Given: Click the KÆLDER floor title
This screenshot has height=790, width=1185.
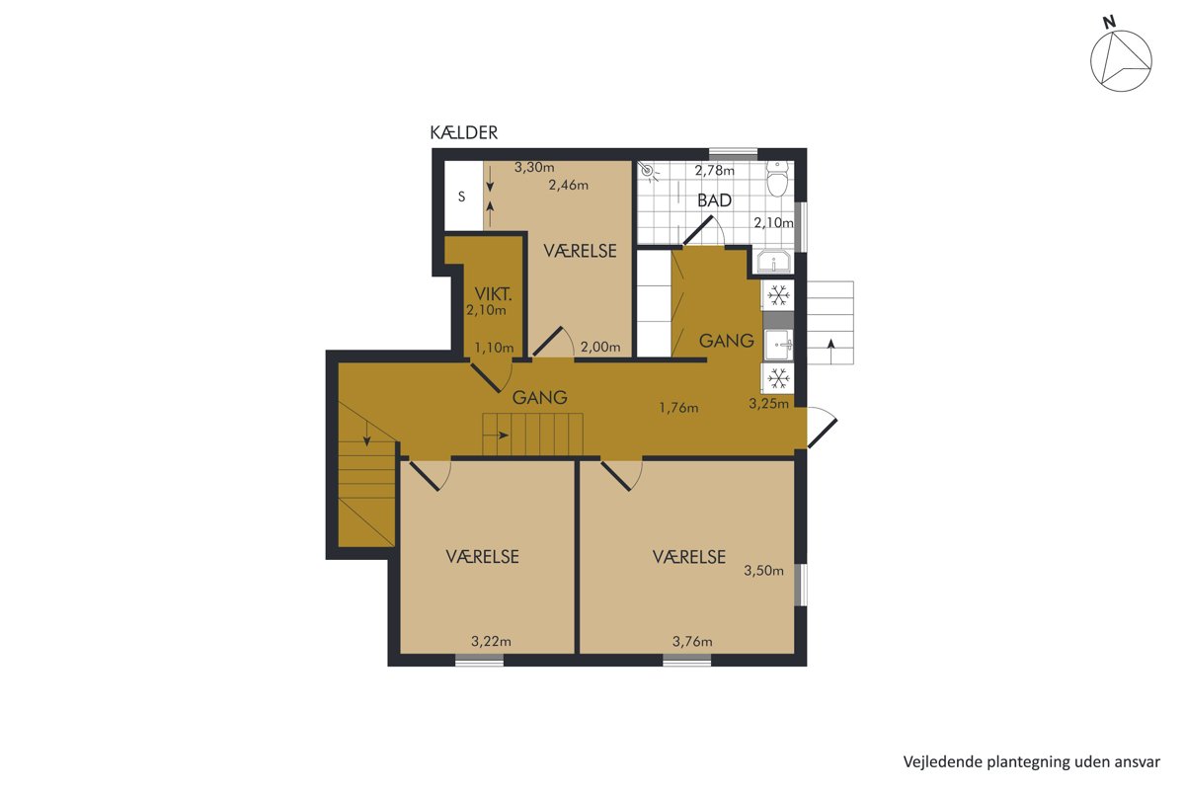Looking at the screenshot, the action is [463, 132].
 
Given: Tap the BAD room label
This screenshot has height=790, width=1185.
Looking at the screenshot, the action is [714, 200].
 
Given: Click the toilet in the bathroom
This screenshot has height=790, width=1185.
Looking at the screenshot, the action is [777, 179].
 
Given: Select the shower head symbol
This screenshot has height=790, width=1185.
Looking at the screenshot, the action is [648, 172].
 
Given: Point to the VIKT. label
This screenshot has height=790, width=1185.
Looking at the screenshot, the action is [493, 293].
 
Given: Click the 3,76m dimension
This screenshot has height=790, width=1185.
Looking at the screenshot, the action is [692, 642].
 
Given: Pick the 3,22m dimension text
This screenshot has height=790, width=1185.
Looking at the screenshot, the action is [491, 642].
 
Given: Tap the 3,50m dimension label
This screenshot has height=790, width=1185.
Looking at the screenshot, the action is [763, 571].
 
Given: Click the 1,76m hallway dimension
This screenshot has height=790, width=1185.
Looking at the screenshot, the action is [678, 408].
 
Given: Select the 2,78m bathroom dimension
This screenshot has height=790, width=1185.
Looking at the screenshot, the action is [714, 171].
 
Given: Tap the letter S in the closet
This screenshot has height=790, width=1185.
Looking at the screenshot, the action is [461, 197].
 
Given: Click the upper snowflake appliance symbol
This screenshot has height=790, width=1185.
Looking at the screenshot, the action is [778, 294].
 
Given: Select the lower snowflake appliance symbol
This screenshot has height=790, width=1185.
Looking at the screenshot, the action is [778, 378].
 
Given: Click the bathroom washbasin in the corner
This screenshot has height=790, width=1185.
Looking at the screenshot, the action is [774, 262].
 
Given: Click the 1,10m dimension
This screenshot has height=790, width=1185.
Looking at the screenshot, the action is [494, 348].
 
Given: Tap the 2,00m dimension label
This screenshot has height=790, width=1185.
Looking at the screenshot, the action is [600, 348].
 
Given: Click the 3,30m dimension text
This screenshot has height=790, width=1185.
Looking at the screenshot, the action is [534, 167].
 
